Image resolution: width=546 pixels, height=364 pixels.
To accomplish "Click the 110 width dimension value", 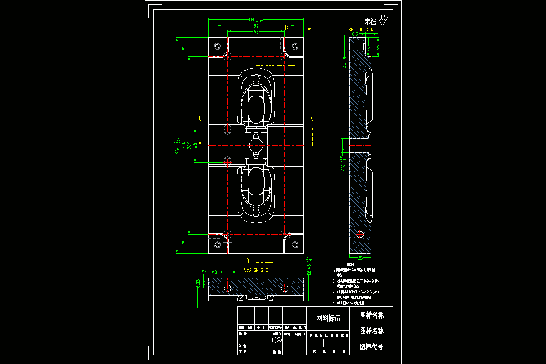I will [x=251, y=20].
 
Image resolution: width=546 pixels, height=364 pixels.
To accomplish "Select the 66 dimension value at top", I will [x=256, y=32].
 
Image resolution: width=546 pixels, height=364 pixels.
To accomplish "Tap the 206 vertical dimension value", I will [x=189, y=145].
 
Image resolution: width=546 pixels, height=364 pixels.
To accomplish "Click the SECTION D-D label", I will [x=361, y=30].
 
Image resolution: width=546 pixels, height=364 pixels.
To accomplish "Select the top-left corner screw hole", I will [x=217, y=46].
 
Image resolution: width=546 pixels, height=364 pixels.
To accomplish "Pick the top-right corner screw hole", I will [x=295, y=46].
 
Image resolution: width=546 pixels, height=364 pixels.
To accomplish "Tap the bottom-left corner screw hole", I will [x=217, y=245].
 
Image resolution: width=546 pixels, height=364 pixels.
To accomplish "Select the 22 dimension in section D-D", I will [x=379, y=47].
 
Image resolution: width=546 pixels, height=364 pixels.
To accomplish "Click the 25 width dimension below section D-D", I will [x=360, y=258].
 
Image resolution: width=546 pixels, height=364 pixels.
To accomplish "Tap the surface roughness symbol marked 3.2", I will [x=383, y=20].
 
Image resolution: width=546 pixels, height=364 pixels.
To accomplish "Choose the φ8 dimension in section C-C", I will [x=215, y=272].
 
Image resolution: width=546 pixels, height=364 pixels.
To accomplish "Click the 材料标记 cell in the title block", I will [x=329, y=318].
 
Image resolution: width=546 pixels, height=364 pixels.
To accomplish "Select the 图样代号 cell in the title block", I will [x=371, y=347].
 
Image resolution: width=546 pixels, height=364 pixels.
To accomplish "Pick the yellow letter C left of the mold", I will [x=200, y=118].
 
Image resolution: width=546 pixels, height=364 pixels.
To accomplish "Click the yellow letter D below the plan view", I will [x=248, y=261].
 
